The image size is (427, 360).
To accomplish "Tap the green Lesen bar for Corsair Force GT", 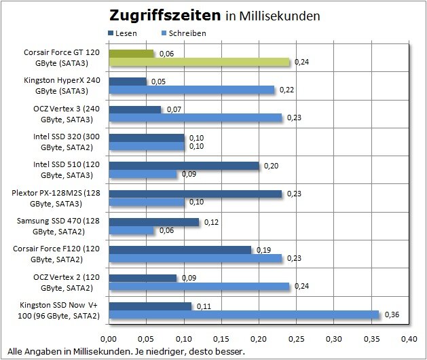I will (131, 53).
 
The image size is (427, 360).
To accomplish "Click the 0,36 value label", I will (392, 315).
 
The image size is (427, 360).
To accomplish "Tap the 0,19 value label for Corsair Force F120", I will (263, 249).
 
